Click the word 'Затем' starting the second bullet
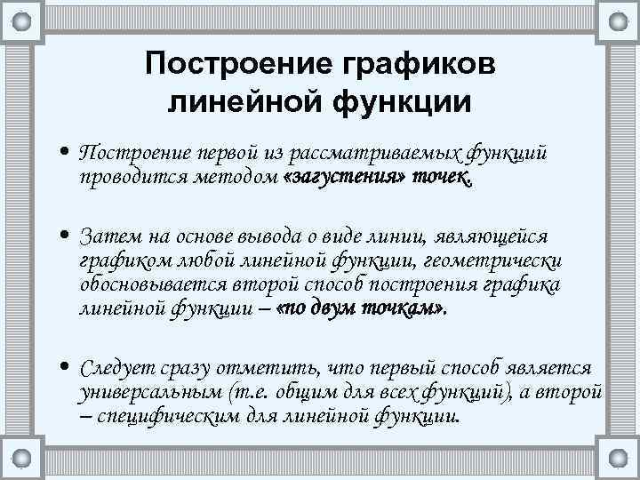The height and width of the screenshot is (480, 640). tap(108, 236)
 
